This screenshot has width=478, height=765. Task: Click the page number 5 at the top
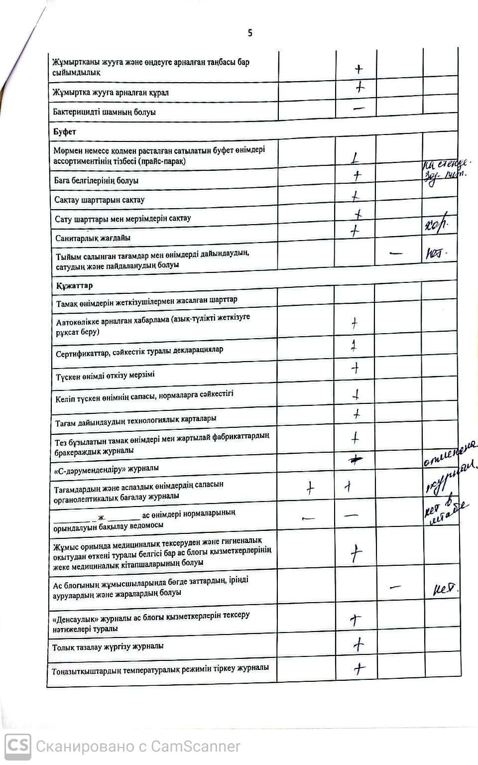[x=250, y=33]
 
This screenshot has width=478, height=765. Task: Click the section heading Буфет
[x=65, y=131]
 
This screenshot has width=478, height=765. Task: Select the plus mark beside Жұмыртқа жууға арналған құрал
[x=360, y=88]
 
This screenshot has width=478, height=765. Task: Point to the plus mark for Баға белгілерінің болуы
[x=357, y=175]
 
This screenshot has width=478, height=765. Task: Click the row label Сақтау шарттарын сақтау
[x=100, y=200]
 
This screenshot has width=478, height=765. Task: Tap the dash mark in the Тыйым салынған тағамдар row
[x=396, y=253]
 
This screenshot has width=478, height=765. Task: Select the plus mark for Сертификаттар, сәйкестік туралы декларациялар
[x=354, y=346]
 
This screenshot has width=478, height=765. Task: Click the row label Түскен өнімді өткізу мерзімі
[x=106, y=375]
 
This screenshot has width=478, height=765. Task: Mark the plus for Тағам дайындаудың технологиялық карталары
[x=357, y=414]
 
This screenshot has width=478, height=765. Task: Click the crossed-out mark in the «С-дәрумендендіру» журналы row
[x=355, y=461]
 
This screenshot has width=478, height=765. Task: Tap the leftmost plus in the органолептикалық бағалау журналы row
[x=310, y=488]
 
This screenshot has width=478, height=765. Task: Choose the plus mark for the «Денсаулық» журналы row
[x=356, y=620]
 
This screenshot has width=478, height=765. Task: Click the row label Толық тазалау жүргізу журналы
[x=108, y=646]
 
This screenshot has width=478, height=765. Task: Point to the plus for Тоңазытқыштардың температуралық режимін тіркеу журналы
[x=359, y=668]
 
